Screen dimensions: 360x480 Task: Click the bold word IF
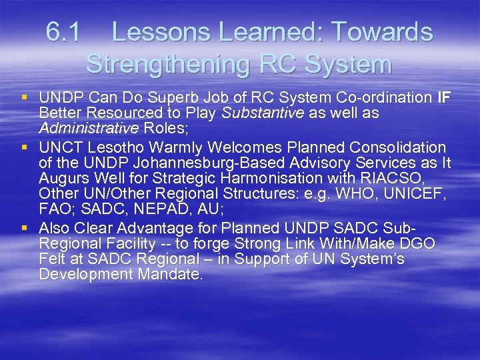click(x=444, y=98)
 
